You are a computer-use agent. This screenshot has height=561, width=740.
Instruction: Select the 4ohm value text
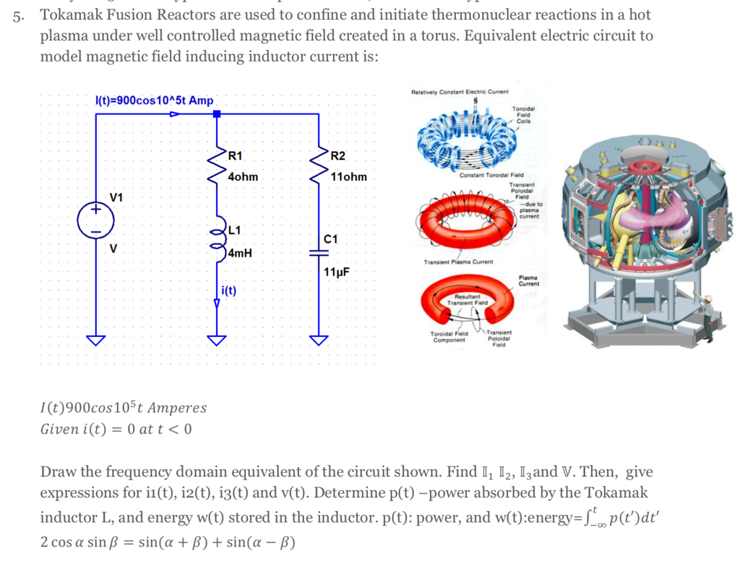242,176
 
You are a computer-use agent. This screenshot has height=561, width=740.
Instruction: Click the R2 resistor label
337,155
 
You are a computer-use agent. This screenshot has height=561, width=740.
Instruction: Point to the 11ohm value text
348,176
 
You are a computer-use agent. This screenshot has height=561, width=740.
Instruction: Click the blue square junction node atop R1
216,114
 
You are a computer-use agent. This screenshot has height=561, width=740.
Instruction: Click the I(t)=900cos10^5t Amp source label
155,100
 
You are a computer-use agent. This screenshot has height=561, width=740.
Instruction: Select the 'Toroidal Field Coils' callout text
522,115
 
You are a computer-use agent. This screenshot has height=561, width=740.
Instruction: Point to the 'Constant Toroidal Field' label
491,176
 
